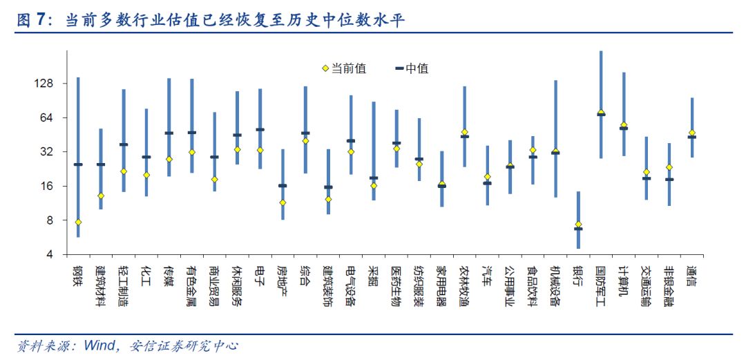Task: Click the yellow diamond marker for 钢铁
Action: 78,222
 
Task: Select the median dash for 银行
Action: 578,229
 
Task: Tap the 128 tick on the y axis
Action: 44,84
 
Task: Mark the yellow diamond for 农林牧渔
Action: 465,132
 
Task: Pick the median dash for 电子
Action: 260,130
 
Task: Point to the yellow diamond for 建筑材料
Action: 101,196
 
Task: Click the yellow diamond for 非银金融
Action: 669,167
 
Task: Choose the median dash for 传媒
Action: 169,133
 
